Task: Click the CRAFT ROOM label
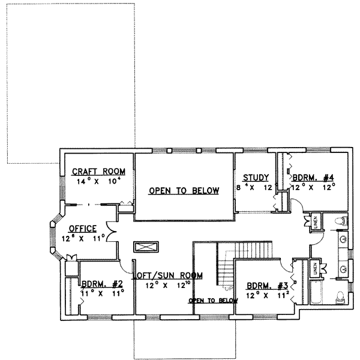[x=91, y=170]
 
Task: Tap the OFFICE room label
[x=83, y=229]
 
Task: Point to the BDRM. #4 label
[x=313, y=177]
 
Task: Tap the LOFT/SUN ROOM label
[x=167, y=275]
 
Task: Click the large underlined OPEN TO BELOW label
[x=184, y=191]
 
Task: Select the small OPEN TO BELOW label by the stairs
[x=213, y=300]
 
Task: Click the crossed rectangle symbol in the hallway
[x=146, y=247]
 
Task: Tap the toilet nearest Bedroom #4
[x=339, y=221]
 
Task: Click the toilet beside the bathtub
[x=340, y=296]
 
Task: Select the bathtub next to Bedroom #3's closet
[x=316, y=294]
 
